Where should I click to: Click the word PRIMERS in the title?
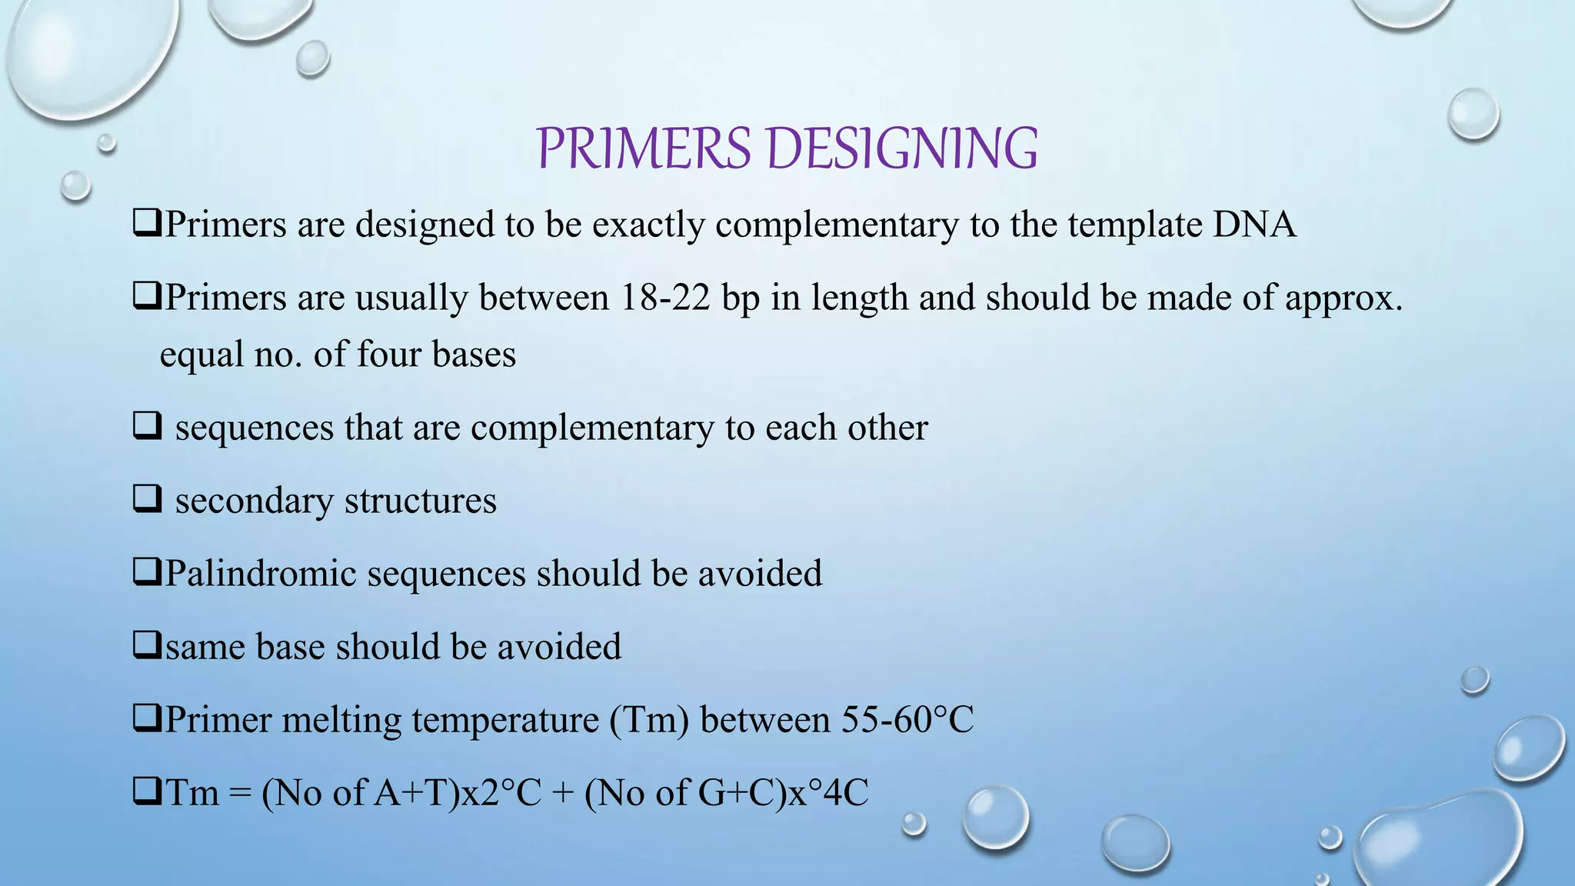point(643,148)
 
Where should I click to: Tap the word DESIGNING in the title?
point(903,148)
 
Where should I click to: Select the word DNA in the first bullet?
point(1254,225)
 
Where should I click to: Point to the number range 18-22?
point(664,298)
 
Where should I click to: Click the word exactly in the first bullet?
point(648,225)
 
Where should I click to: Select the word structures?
point(421,501)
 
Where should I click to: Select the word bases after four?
point(474,355)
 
